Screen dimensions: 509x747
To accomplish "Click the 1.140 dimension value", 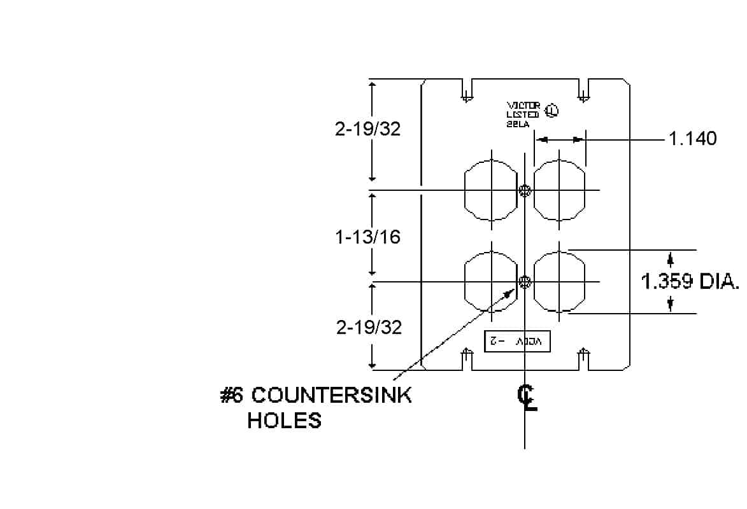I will pos(692,138).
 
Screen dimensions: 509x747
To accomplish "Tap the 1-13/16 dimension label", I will pos(368,237).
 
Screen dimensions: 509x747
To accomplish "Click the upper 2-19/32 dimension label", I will pos(368,129).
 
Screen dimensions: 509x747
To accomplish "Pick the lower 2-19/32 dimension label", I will pos(369,327).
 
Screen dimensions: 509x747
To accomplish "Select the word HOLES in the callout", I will pos(284,421).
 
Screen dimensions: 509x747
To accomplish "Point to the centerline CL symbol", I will pos(527,398).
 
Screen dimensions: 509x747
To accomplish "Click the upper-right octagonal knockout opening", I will pos(559,190).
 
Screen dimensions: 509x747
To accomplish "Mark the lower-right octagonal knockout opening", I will pos(559,282).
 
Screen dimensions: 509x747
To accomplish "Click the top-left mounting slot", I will pos(467,90).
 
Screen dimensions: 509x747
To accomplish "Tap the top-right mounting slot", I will pos(583,90).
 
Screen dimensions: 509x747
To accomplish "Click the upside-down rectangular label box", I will pos(516,342).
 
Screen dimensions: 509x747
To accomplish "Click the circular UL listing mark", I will pos(551,111).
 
